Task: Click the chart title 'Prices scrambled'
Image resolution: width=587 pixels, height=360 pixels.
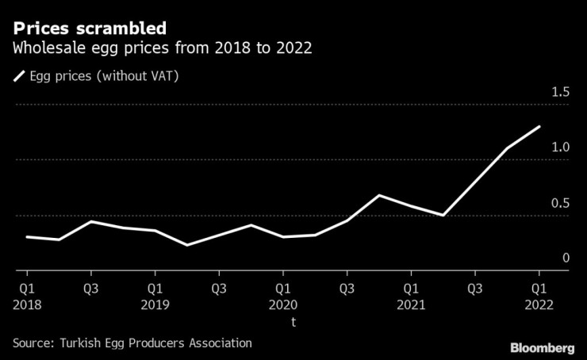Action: pos(89,29)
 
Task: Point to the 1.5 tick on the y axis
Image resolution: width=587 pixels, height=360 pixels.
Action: pos(560,93)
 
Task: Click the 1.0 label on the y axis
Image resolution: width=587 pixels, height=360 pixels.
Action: pos(560,147)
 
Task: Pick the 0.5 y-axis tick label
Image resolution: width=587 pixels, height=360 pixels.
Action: pos(560,203)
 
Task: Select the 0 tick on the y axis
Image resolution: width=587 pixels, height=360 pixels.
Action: pos(566,259)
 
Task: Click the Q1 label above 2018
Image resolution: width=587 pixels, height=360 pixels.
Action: pos(26,288)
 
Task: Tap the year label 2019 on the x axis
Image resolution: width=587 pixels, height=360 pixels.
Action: pos(155,304)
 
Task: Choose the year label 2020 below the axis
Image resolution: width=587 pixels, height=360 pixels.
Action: pos(282,304)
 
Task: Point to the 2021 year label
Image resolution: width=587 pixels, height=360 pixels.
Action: pos(410,304)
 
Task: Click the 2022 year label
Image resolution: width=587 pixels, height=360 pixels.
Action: pos(539,304)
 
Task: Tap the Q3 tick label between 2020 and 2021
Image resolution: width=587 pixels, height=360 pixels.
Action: pos(347,288)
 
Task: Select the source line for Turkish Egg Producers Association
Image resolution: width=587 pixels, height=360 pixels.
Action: pos(132,343)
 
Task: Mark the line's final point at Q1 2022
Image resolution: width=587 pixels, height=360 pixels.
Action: pos(539,126)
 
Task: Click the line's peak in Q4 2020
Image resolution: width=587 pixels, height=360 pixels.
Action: pos(379,195)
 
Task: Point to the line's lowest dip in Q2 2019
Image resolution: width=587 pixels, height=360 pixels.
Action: pos(186,245)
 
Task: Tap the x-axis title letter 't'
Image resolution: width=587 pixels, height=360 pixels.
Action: pos(293,322)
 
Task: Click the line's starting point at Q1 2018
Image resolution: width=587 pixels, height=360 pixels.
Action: pos(26,236)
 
